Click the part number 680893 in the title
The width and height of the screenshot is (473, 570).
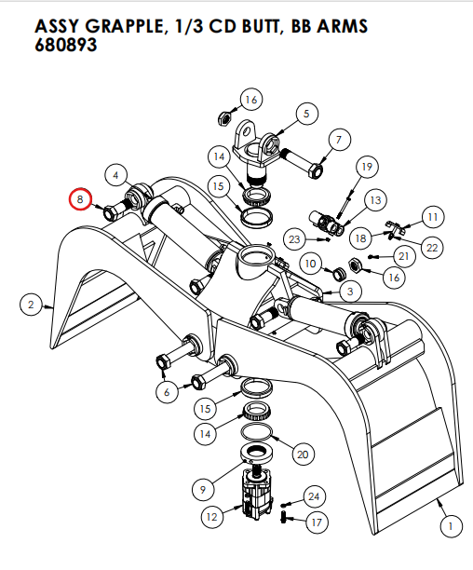click(66, 44)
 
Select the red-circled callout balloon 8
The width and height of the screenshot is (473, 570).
click(81, 199)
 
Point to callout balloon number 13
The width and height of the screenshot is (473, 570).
click(375, 200)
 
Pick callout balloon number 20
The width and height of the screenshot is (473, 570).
click(301, 455)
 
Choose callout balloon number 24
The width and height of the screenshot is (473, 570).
click(314, 496)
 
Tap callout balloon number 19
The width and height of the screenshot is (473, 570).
click(366, 167)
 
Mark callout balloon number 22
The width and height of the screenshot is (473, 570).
click(431, 247)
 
